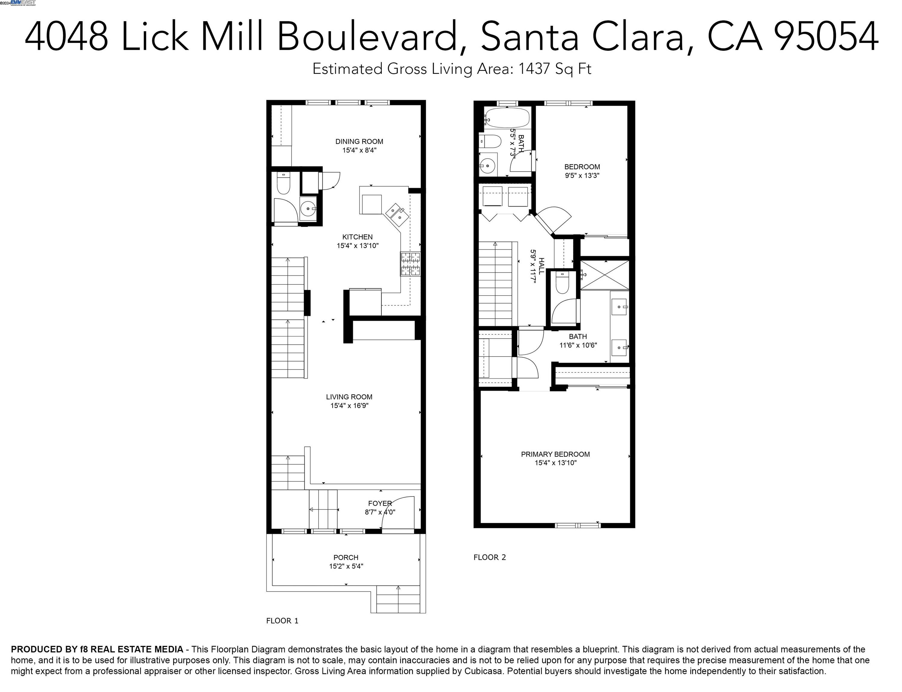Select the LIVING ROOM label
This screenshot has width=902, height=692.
point(349,397)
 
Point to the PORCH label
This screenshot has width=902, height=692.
point(346,558)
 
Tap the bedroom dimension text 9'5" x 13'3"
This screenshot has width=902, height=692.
point(582,175)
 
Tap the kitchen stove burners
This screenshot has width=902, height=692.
point(410,264)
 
